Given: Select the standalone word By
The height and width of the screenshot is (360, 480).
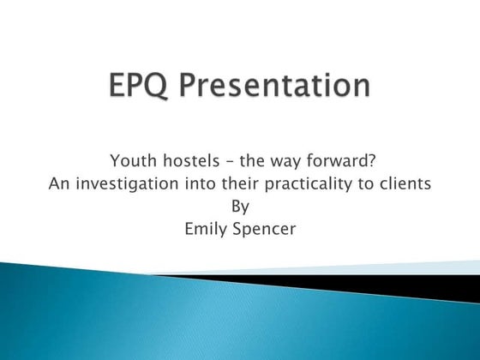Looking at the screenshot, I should coord(240,206).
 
